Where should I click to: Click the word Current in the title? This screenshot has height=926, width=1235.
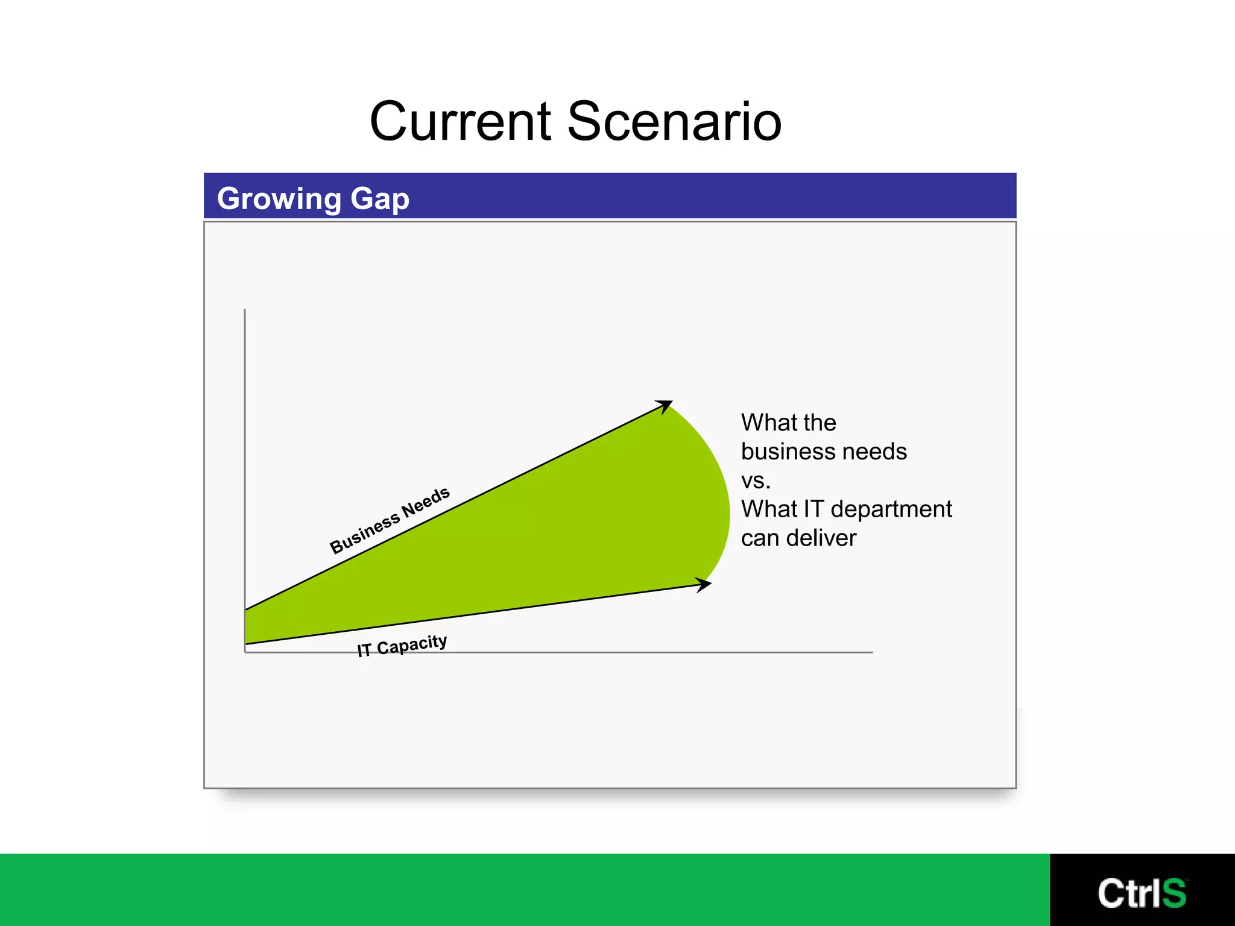point(461,122)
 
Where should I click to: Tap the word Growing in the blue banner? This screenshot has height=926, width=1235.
point(279,199)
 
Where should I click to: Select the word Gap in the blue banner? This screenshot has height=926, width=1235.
point(380,199)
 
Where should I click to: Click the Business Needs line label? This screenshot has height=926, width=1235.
point(390,520)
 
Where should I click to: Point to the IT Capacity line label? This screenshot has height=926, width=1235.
point(402,646)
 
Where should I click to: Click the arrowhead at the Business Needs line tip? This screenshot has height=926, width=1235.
point(665,406)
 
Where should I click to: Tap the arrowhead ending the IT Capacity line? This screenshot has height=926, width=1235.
point(703,584)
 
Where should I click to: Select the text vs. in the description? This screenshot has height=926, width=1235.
point(756,480)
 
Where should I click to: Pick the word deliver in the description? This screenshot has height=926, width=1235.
point(821,538)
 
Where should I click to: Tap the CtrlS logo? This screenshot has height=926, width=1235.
point(1142,893)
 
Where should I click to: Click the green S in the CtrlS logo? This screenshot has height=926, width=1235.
point(1173,893)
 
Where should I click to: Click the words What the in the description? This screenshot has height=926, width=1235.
point(788,423)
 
